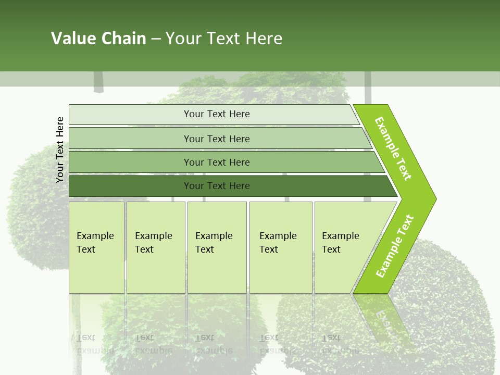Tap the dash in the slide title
(156, 39)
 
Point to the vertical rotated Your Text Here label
(60, 149)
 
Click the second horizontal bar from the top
(217, 139)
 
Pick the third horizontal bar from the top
(217, 162)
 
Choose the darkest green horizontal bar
(217, 186)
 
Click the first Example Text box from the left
(96, 247)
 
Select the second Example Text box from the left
(156, 247)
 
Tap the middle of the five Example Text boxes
(217, 247)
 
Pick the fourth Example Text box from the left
(281, 247)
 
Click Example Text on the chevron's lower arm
(395, 246)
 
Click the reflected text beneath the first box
(95, 344)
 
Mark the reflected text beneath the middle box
(215, 344)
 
